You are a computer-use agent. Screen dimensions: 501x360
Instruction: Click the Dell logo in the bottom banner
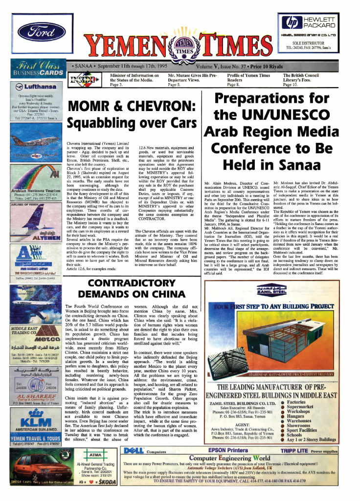[x=133, y=450]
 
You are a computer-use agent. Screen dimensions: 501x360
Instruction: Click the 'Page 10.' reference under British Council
[x=291, y=85]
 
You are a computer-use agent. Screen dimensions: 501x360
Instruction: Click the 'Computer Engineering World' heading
[x=229, y=458]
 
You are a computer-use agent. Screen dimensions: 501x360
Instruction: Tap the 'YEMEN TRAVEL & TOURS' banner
[x=34, y=452]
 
